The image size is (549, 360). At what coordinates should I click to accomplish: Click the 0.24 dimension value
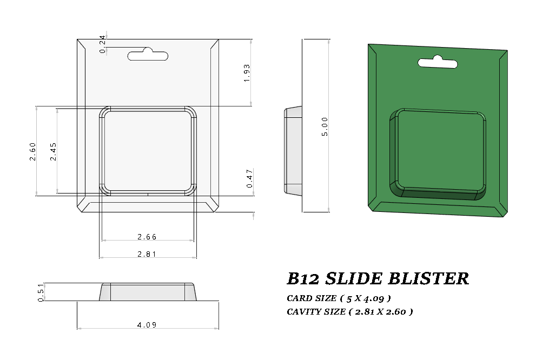point(103,44)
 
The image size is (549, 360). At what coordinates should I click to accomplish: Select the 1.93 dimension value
point(247,73)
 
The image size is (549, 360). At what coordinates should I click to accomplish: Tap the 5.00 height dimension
point(325,126)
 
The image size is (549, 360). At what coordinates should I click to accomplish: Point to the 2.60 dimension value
point(32,151)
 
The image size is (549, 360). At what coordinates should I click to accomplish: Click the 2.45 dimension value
point(53,151)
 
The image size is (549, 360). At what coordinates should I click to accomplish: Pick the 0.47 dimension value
point(249,178)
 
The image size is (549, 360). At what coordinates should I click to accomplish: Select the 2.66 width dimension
point(147,237)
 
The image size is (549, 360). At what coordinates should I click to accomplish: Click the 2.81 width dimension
point(147,254)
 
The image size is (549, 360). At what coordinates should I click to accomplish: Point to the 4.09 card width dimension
point(148,325)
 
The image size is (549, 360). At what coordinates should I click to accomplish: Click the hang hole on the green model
point(438,63)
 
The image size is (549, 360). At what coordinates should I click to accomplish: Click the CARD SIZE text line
point(339,298)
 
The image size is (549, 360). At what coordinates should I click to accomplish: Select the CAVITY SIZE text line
point(350,311)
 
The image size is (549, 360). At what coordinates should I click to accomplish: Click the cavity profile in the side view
point(293,150)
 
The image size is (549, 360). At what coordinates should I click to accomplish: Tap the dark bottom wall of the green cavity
point(438,195)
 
